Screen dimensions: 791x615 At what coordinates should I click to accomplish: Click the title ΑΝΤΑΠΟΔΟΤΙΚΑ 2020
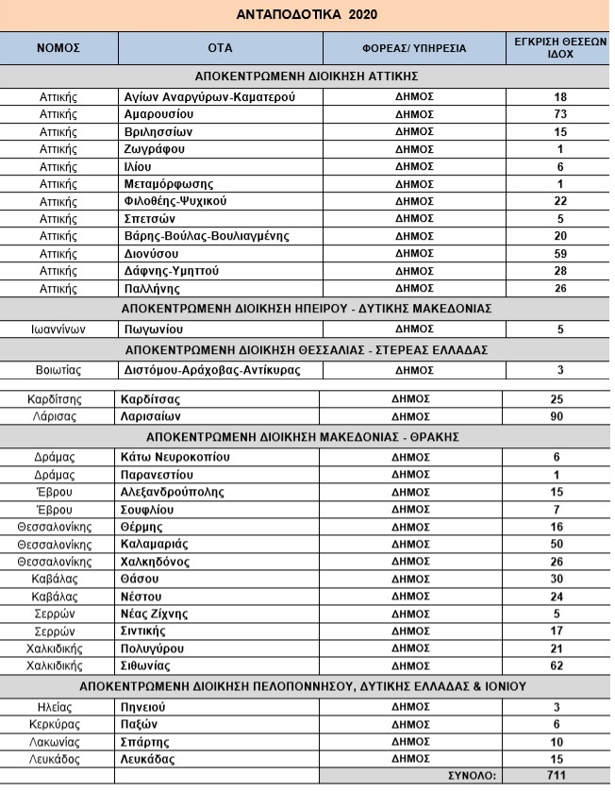tap(307, 15)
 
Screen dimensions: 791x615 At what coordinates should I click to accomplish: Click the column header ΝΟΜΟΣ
tap(58, 48)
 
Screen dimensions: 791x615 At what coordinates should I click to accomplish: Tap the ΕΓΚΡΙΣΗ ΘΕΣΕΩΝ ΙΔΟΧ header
tap(559, 48)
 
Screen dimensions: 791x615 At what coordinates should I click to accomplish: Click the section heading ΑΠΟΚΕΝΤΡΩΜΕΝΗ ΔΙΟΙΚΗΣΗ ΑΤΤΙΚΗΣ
tap(307, 76)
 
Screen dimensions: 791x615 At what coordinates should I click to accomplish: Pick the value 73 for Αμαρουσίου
tap(559, 113)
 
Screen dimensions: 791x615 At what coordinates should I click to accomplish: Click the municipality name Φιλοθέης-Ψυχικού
tap(176, 201)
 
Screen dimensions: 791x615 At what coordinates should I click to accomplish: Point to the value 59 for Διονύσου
tap(559, 254)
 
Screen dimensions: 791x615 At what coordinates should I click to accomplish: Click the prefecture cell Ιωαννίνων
tap(58, 328)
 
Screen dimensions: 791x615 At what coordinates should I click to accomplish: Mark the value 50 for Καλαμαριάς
tap(559, 544)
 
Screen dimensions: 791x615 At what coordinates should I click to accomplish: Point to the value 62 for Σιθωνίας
tap(559, 665)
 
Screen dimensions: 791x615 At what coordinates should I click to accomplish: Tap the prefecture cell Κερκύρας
tap(58, 723)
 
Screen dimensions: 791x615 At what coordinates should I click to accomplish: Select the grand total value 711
tap(559, 776)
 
